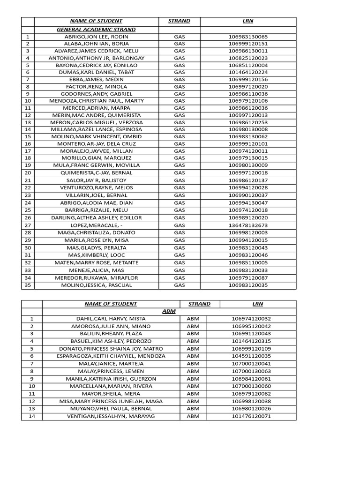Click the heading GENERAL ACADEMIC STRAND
pos(96,30)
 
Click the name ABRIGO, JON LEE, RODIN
pos(96,37)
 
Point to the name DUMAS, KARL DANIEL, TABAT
pos(96,72)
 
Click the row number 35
pos(28,285)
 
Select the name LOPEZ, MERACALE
pos(96,225)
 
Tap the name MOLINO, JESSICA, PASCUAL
pos(96,285)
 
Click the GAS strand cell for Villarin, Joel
pos(180,195)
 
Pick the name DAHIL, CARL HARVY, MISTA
pos(111,319)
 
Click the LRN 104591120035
pos(251,356)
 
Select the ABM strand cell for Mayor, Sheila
pos(193,393)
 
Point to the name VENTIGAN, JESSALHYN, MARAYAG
pos(111,416)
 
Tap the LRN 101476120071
pos(251,416)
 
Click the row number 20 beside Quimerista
pos(28,173)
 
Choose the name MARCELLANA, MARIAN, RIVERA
pos(111,386)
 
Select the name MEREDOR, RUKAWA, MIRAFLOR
pos(96,277)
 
